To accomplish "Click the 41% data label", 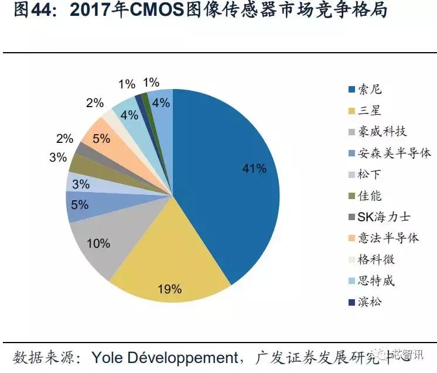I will pyautogui.click(x=254, y=169).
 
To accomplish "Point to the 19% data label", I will pyautogui.click(x=169, y=289).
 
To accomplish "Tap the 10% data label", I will pyautogui.click(x=98, y=243).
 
